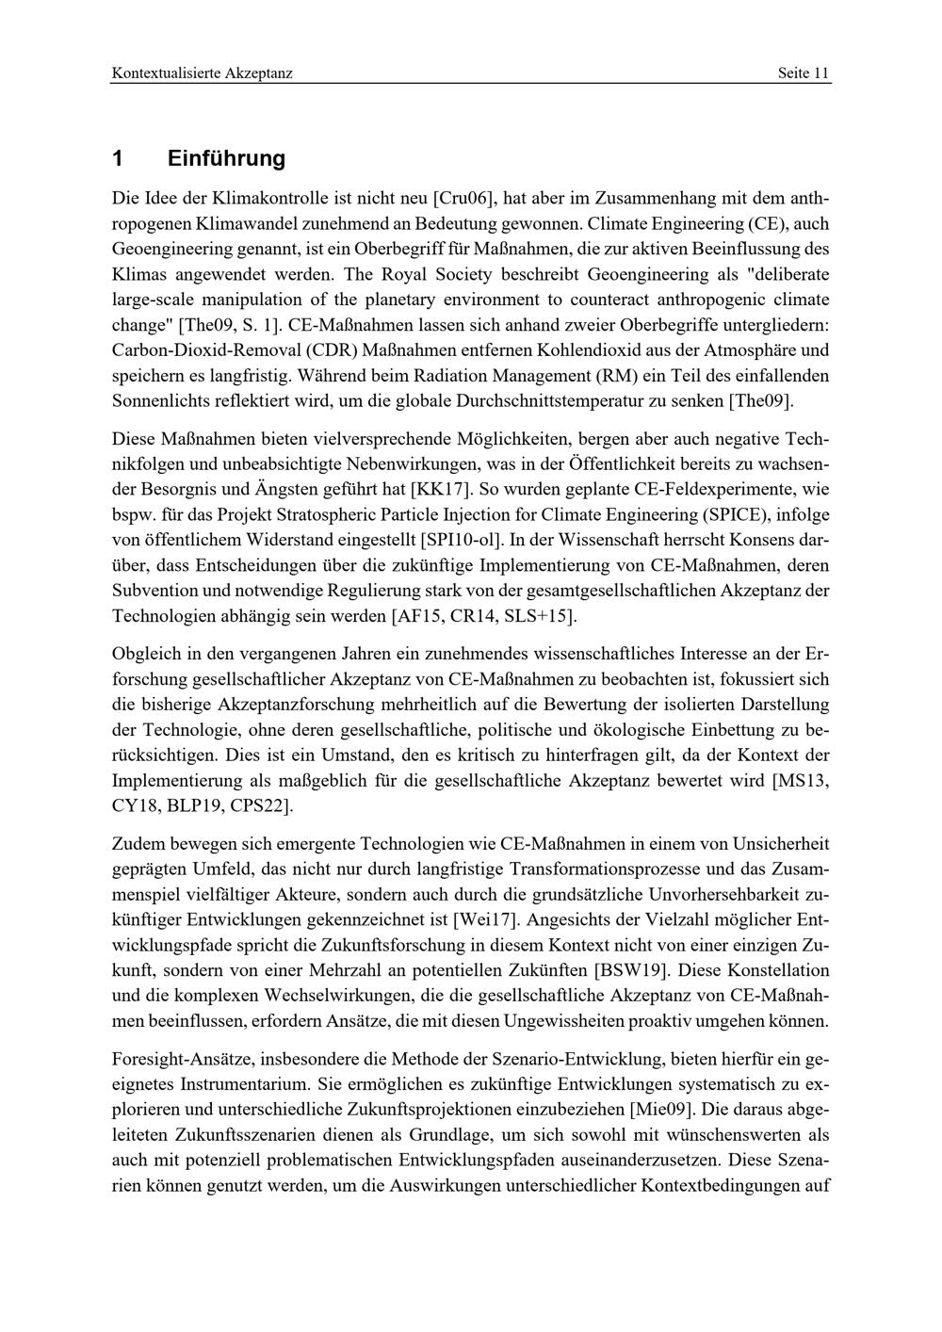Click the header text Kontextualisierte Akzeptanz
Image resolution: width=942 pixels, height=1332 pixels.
click(202, 73)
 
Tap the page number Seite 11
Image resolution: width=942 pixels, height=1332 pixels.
click(804, 73)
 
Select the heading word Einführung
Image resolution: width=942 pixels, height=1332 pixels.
click(226, 158)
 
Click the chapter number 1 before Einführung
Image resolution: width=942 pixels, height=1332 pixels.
click(118, 158)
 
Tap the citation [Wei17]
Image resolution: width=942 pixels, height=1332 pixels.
click(484, 918)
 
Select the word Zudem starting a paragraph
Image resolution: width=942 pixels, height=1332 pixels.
click(135, 842)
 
